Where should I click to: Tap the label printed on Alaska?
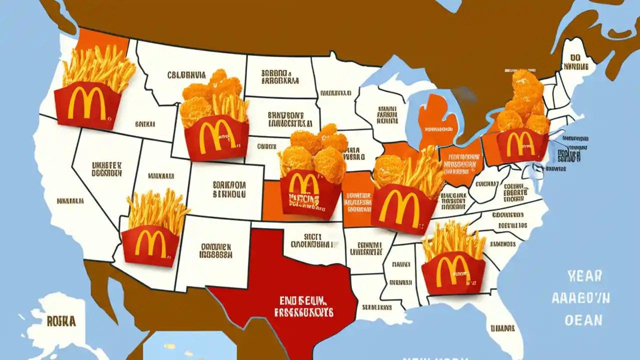61,321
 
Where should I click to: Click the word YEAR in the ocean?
584,275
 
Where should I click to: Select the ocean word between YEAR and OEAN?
581,298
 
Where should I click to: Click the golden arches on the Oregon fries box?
87,104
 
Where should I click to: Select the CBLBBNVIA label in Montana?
186,75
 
